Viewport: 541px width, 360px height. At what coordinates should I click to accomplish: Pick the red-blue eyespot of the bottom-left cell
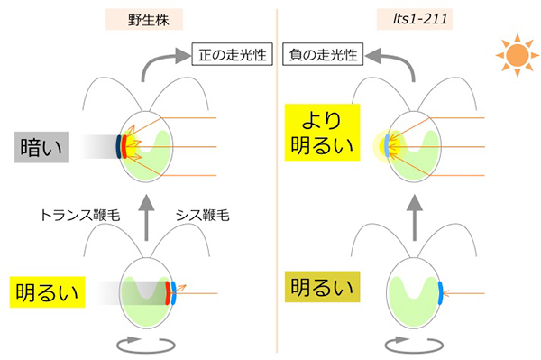[168, 293]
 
